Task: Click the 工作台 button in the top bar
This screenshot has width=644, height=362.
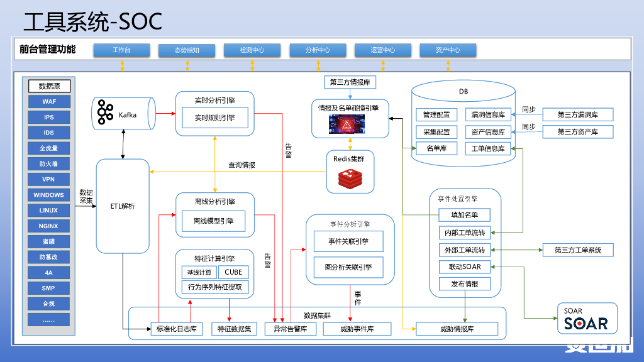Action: pos(121,50)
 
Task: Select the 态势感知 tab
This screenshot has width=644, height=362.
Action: pos(187,50)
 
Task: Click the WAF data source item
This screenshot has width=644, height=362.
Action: pos(49,102)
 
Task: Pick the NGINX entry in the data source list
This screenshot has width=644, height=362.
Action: pos(49,226)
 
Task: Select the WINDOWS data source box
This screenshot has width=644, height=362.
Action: pos(49,195)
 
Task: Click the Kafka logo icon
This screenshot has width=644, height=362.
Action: pos(105,114)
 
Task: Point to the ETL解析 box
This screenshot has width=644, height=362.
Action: pos(123,206)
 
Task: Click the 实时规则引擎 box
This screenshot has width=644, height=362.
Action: pos(214,118)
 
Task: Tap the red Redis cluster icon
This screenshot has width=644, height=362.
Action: pos(349,179)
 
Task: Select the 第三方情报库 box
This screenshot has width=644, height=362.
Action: pos(350,82)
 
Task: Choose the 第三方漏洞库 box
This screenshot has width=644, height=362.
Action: pos(577,115)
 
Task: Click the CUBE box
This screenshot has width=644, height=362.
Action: pos(233,272)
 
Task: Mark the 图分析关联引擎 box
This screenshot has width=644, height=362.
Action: pos(348,266)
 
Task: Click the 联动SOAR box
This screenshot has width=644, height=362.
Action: pos(464,267)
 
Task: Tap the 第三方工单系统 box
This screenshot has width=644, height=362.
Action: pos(577,250)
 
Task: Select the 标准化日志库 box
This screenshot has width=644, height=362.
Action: pos(176,329)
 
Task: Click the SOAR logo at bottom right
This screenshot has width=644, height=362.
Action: pos(586,320)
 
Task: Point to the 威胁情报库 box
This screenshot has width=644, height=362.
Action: pos(457,329)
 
